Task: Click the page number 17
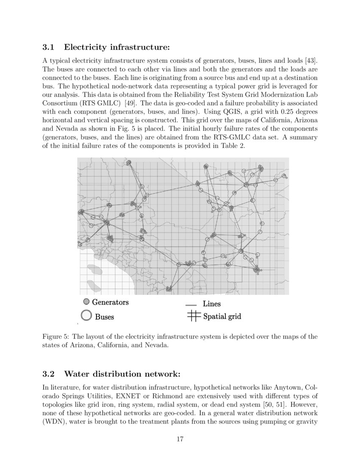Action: point(180,439)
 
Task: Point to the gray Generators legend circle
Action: point(86,302)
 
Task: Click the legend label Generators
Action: point(110,302)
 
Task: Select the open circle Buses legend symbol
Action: point(86,316)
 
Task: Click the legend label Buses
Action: point(104,316)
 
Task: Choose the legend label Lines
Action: point(211,304)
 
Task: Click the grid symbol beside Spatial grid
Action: point(193,316)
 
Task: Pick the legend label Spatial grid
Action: point(222,316)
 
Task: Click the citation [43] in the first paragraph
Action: point(311,60)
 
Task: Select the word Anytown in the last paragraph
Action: point(294,388)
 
